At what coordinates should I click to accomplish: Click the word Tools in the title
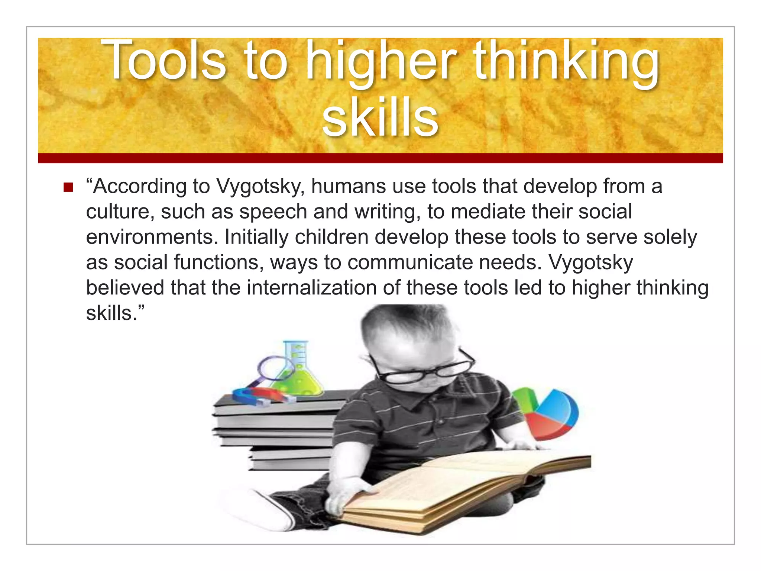pos(163,60)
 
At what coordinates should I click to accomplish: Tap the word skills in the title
pos(380,117)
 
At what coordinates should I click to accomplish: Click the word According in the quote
pos(140,187)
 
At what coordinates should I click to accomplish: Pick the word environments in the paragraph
pos(152,237)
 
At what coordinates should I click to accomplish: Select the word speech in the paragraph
pos(273,212)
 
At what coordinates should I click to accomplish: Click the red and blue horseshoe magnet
pos(260,396)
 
